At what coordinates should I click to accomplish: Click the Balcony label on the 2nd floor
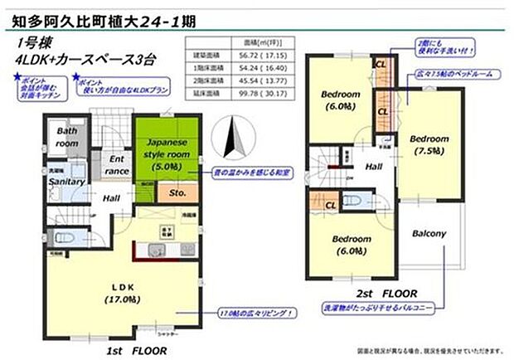point(431,233)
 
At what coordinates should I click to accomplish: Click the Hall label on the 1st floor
point(112,198)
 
